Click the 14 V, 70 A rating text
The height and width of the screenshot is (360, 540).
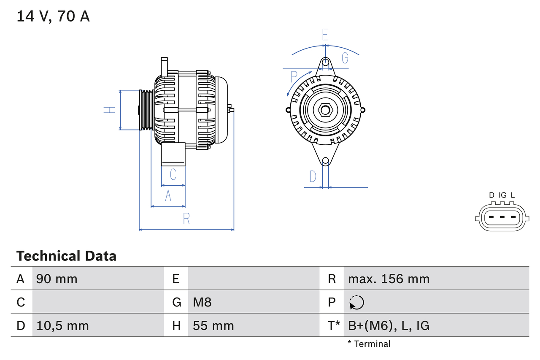click(x=53, y=16)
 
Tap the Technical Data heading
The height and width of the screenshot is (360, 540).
click(x=66, y=256)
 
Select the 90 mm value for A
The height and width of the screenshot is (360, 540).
click(x=57, y=279)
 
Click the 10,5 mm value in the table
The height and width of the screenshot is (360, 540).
click(x=62, y=325)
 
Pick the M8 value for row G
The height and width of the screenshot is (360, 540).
click(x=202, y=302)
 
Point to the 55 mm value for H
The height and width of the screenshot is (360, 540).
click(x=213, y=325)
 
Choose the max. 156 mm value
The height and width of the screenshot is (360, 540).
click(x=389, y=279)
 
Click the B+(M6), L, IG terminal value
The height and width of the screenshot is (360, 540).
click(x=389, y=325)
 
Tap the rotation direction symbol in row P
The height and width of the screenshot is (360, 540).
click(x=356, y=302)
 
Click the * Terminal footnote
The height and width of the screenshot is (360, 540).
click(x=369, y=344)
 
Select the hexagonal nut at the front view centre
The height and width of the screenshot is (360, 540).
click(x=325, y=110)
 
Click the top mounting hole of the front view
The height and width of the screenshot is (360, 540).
click(x=325, y=62)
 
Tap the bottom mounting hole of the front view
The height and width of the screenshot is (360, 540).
click(x=325, y=161)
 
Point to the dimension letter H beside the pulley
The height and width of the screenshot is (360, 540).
click(x=110, y=110)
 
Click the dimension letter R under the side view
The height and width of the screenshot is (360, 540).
click(x=186, y=219)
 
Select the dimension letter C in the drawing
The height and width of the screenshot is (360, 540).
click(x=173, y=174)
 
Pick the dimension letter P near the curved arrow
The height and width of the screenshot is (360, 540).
click(x=294, y=77)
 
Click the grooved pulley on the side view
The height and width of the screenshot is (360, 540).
click(x=147, y=110)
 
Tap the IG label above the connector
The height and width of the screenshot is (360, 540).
click(x=502, y=195)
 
